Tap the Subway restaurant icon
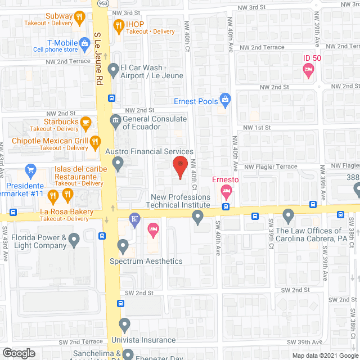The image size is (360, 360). pos(80,17)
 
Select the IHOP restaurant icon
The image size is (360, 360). pos(118,24)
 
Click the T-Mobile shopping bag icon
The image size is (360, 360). pos(84,42)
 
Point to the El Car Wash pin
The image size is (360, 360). pos(114,70)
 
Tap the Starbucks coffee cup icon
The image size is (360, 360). pos(85,121)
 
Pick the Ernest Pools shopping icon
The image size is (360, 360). pos(225,100)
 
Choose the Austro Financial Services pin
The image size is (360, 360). pos(118,164)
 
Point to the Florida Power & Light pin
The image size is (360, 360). pos(74,241)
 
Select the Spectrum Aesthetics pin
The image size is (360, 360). pos(123,246)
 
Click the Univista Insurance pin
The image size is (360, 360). pos(125,325)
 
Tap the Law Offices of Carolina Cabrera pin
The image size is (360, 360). pos(289,215)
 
